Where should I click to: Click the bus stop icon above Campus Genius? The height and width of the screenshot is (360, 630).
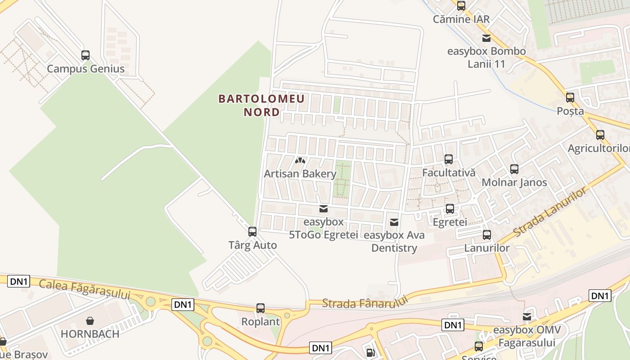click(85, 55)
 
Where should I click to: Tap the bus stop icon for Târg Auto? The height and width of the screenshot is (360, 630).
click(252, 232)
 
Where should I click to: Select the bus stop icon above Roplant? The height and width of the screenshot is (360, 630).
click(261, 308)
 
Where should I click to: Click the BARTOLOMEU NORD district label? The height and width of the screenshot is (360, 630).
click(261, 105)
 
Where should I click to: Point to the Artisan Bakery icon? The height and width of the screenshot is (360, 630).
click(300, 160)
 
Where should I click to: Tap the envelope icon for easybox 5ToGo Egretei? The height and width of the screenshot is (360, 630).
click(323, 208)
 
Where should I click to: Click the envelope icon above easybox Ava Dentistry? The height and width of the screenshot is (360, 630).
click(394, 222)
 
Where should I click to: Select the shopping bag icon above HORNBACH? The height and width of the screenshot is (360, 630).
click(90, 321)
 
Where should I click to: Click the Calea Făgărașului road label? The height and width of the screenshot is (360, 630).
click(85, 290)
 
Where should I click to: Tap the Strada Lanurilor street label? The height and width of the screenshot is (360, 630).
click(550, 212)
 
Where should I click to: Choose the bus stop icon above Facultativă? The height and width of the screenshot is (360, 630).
click(449, 159)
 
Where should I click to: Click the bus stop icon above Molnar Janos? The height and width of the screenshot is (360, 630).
click(514, 169)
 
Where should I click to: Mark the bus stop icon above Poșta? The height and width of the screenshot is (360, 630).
click(570, 98)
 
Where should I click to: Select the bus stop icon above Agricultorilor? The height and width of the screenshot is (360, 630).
click(600, 135)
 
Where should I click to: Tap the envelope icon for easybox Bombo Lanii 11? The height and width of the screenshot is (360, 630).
click(486, 38)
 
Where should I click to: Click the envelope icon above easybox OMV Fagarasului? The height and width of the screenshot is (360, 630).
click(527, 317)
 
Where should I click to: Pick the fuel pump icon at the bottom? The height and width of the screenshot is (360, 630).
click(370, 352)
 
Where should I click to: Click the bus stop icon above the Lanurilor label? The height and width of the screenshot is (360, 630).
click(487, 234)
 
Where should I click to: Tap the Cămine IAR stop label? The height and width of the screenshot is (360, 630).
click(461, 19)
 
